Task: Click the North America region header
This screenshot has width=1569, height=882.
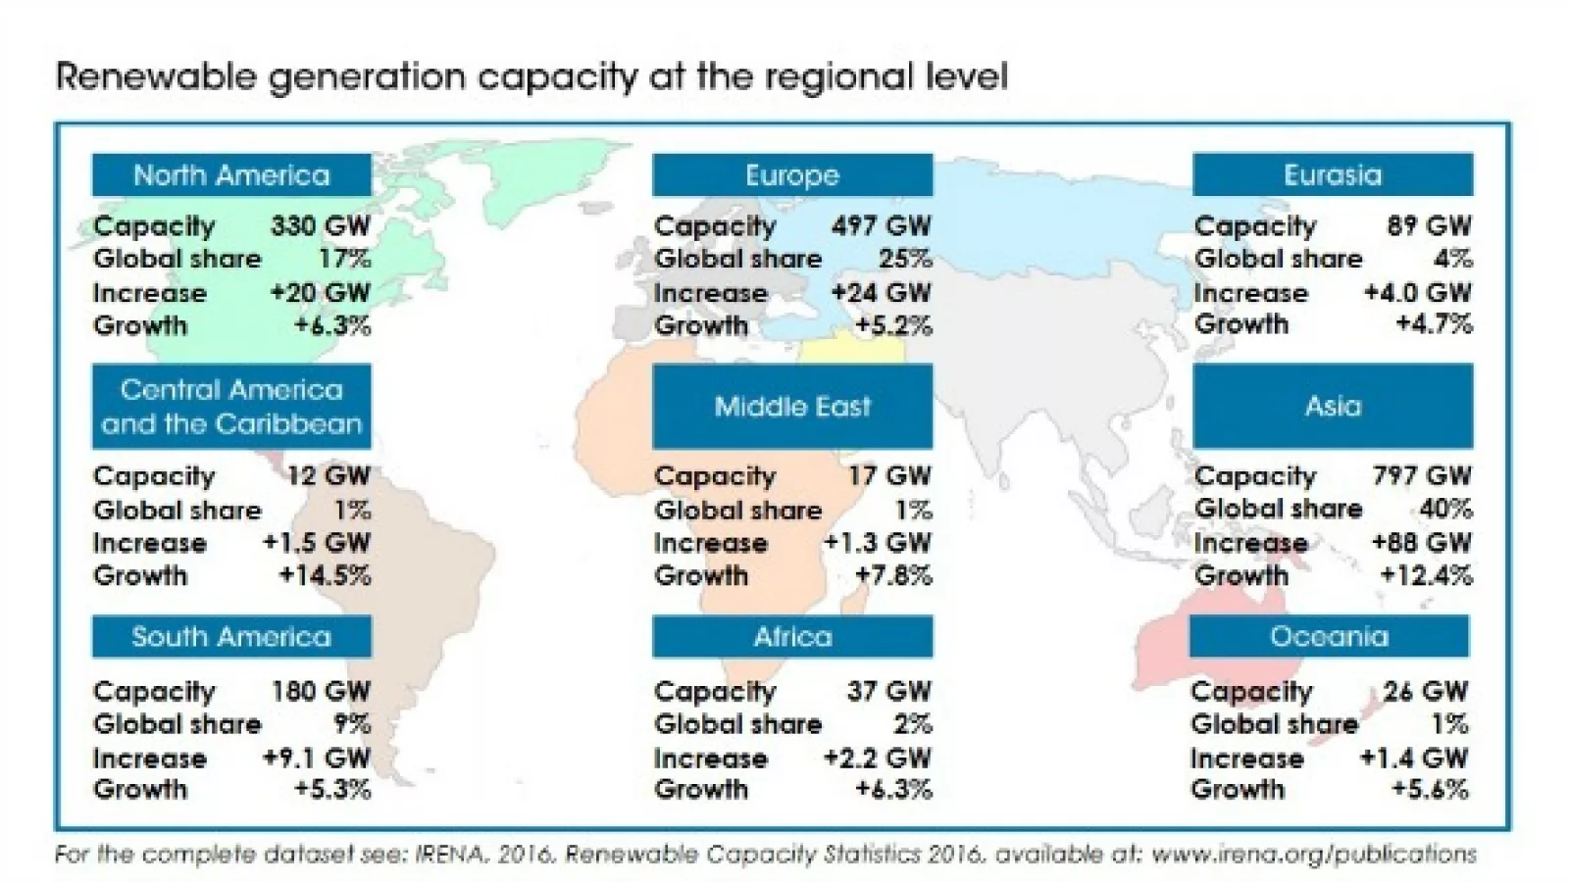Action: click(x=231, y=175)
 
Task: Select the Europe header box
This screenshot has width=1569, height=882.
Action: click(x=792, y=175)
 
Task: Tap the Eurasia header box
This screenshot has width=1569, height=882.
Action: click(x=1333, y=175)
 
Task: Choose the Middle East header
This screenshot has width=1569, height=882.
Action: click(x=792, y=407)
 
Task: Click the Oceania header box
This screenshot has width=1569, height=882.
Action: click(x=1329, y=637)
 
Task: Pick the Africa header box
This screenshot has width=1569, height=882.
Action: click(x=792, y=637)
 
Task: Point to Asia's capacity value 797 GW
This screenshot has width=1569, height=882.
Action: click(x=1422, y=476)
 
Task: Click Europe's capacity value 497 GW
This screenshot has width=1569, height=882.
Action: click(x=881, y=226)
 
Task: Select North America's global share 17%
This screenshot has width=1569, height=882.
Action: click(x=344, y=260)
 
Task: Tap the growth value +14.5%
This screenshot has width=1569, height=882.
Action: click(x=325, y=575)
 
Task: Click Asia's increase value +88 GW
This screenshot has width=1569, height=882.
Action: click(x=1421, y=543)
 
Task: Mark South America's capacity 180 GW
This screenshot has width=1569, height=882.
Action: click(x=321, y=692)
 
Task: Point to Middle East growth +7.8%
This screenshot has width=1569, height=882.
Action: click(x=893, y=575)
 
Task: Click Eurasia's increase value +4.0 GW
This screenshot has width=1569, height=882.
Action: click(x=1417, y=293)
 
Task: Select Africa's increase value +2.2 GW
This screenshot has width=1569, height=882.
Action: click(x=877, y=758)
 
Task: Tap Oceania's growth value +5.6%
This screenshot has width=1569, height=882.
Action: click(x=1429, y=790)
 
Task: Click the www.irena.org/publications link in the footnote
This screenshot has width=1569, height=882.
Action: click(x=1313, y=855)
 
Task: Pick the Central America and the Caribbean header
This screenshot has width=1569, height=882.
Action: click(x=231, y=407)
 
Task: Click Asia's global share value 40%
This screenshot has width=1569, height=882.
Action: click(x=1445, y=510)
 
